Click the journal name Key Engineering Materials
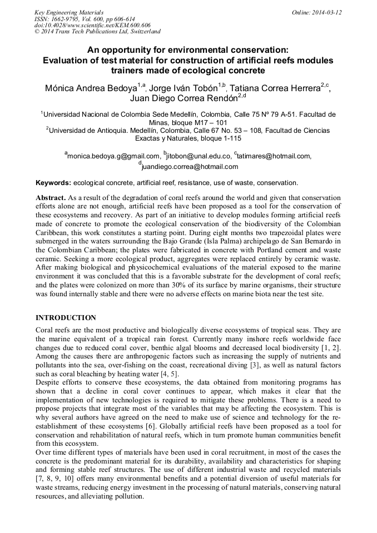(69, 12)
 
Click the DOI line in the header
(92, 25)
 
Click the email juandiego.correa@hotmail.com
(190, 166)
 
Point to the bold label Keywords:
(53, 183)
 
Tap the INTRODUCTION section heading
(66, 318)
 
